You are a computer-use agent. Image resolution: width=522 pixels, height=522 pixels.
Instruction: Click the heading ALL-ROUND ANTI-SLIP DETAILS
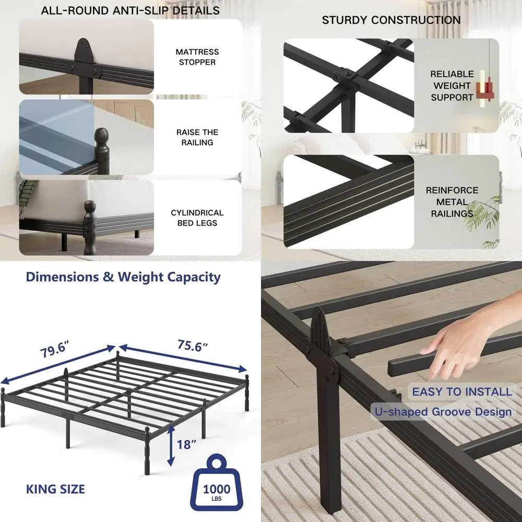130,10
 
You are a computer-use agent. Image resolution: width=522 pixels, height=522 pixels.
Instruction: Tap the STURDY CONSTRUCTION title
391,20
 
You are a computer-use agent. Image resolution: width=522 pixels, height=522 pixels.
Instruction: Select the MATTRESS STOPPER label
197,57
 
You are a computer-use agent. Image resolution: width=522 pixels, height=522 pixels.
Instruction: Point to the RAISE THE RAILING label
197,137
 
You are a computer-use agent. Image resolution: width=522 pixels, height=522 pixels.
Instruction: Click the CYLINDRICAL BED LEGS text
197,218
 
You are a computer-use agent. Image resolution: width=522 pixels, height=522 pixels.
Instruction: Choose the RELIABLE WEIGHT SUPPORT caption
452,86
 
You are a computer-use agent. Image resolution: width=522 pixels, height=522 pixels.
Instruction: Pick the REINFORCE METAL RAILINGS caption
452,202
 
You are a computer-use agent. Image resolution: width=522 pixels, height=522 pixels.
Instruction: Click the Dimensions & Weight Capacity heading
123,277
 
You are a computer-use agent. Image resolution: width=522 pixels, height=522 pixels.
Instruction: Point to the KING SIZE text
55,489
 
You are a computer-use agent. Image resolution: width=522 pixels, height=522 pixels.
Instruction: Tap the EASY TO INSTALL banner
462,391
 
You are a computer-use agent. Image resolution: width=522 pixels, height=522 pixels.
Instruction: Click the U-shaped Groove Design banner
443,412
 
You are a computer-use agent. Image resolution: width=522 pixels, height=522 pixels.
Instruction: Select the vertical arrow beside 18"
171,445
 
